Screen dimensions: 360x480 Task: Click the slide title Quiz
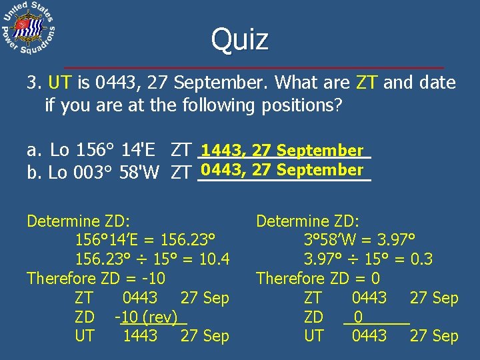click(x=240, y=39)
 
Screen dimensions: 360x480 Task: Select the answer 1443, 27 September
click(x=283, y=151)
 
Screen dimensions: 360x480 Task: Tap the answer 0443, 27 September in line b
click(x=283, y=170)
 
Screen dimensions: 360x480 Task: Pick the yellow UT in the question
click(x=60, y=83)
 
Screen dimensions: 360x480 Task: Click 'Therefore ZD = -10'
click(x=96, y=278)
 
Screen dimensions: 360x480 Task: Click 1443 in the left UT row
click(x=140, y=336)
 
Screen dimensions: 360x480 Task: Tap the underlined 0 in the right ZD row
click(x=359, y=317)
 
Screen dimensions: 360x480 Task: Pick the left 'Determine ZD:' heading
click(x=78, y=220)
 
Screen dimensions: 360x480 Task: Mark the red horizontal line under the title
click(x=253, y=68)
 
